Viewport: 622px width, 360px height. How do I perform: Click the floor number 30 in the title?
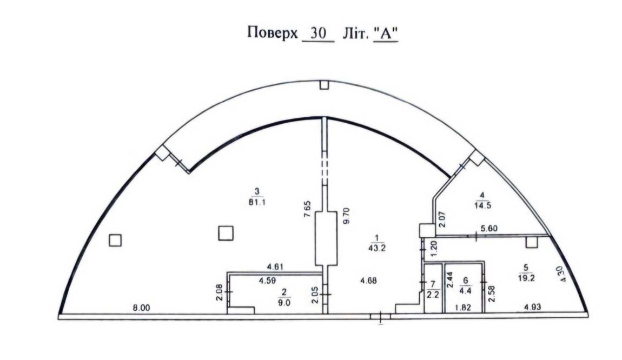point(318,33)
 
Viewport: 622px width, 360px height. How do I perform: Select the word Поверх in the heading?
point(272,32)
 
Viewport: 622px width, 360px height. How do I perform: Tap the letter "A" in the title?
point(386,34)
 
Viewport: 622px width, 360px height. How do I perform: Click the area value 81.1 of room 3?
point(257,202)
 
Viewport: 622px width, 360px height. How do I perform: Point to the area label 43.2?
point(377,248)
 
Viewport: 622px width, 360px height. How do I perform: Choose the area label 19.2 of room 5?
point(526,278)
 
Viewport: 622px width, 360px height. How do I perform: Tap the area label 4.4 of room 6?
point(466,291)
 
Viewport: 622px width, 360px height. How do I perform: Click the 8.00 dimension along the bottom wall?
point(141,308)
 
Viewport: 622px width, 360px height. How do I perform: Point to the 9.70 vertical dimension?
point(346,216)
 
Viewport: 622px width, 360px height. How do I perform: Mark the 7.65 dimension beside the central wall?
point(306,209)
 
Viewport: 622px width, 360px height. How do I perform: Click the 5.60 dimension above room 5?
point(489,228)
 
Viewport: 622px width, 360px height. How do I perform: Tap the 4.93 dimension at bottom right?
point(533,306)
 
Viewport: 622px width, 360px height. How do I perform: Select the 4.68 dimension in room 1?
point(368,281)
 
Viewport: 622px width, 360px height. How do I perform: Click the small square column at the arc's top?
point(324,85)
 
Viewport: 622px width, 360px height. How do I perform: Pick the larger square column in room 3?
point(226,233)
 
